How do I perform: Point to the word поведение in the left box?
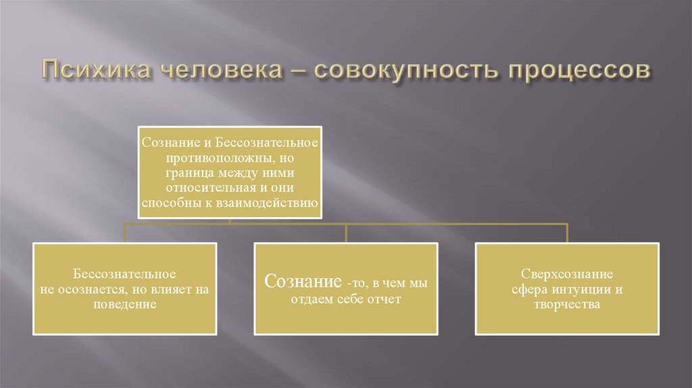pos(125,304)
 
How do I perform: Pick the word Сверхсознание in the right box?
pos(567,274)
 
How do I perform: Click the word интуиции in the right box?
pos(579,289)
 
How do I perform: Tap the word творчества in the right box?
pos(567,304)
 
